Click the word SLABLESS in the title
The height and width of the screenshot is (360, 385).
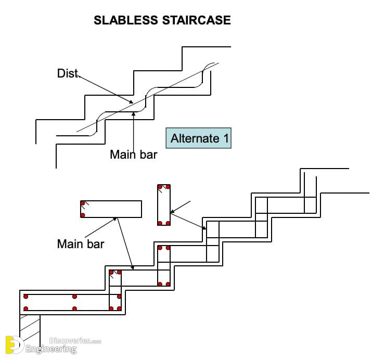point(126,20)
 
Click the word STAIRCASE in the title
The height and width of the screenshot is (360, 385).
point(197,20)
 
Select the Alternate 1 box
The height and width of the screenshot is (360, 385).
point(198,138)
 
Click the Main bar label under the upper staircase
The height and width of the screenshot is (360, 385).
point(133,155)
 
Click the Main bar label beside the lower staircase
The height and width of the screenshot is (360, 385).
point(81,244)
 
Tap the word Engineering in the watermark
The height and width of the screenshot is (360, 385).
point(51,349)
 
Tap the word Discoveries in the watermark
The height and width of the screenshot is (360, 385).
point(70,341)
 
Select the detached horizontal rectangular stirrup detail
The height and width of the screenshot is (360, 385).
point(111,209)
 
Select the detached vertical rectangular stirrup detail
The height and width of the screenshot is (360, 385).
point(164,205)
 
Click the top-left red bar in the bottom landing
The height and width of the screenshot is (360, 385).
point(25,297)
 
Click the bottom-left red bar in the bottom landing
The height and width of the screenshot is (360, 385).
point(25,308)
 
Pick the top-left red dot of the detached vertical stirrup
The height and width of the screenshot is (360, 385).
point(160,187)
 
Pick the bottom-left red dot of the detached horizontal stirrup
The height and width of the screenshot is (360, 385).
point(83,215)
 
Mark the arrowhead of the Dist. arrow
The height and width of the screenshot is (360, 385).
point(132,101)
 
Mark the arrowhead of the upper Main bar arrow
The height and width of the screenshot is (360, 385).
point(134,114)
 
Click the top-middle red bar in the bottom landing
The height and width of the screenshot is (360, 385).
point(74,297)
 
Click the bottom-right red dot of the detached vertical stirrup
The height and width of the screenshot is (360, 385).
point(168,223)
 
